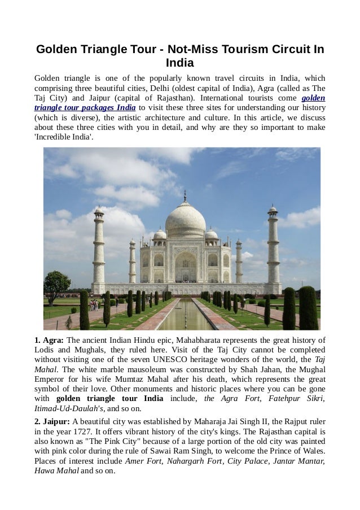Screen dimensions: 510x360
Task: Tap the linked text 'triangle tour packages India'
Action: coord(85,108)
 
